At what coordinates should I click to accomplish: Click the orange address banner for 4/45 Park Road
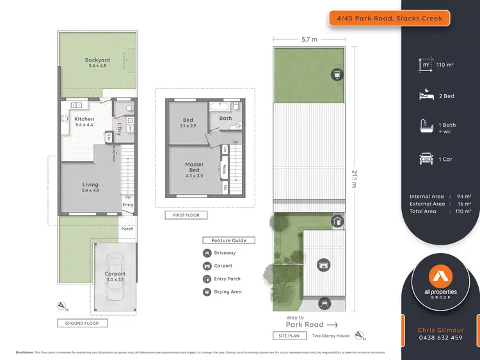pos(389,19)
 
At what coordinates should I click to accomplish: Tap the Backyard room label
pos(97,61)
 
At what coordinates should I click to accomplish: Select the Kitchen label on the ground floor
pos(84,119)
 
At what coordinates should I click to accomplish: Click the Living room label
pos(90,184)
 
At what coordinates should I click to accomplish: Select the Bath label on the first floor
pos(225,118)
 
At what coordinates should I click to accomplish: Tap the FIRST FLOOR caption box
pos(186,215)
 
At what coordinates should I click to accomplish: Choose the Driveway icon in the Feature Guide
pos(207,253)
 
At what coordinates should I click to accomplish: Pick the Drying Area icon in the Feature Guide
pos(207,292)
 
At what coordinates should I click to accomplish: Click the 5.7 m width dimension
pos(309,39)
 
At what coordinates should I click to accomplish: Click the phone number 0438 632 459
pos(440,338)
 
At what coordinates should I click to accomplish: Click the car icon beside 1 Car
pos(424,159)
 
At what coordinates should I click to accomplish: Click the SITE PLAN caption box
pos(289,335)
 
